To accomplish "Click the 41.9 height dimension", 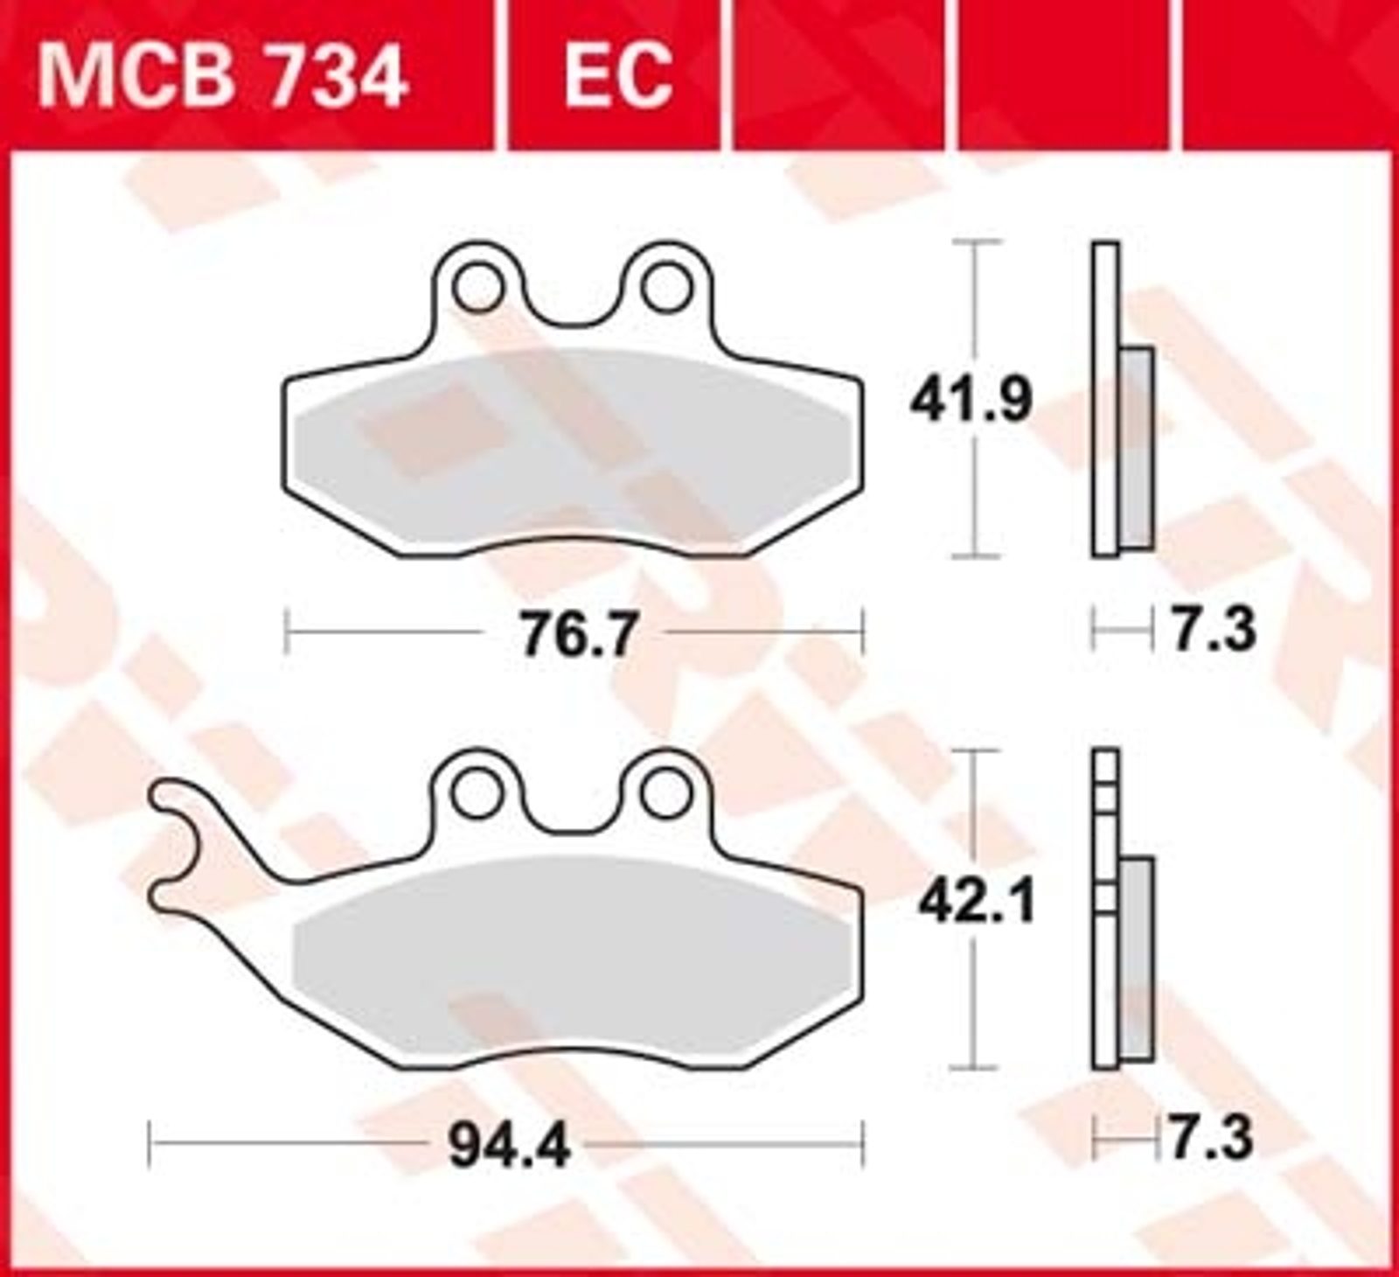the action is point(971,400).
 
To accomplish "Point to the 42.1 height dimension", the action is point(976,902).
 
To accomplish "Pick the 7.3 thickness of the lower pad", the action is point(1212,1138).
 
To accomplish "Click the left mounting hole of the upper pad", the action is point(479,286).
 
